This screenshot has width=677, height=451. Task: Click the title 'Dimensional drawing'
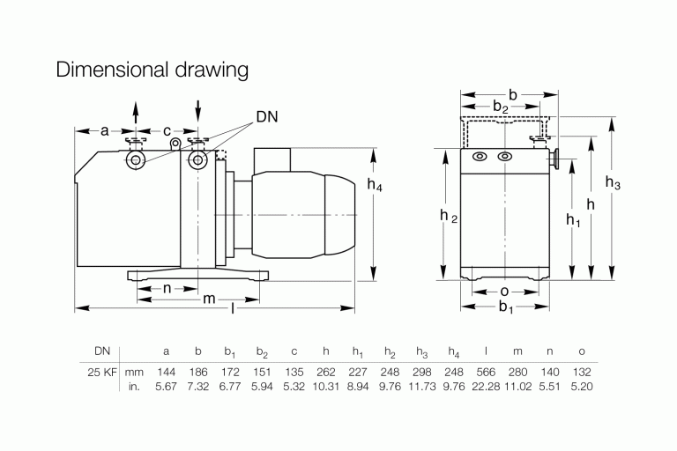click(x=152, y=70)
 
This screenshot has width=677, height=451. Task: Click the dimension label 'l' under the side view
click(x=233, y=310)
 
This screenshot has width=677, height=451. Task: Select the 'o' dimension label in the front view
click(x=502, y=291)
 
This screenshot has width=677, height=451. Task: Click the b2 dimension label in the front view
click(x=500, y=107)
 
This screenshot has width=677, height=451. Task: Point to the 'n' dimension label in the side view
click(x=167, y=289)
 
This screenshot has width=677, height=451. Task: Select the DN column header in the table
click(x=92, y=351)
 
